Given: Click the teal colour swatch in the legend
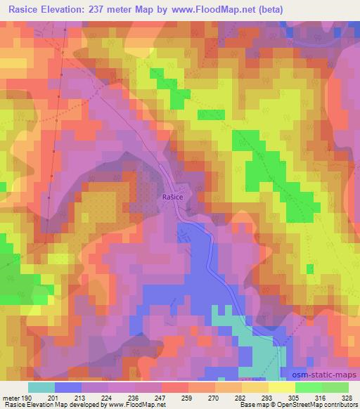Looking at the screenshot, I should (x=41, y=387).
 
